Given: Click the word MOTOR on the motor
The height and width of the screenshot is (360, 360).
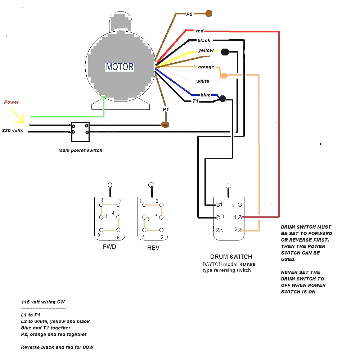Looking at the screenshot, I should coord(120,67).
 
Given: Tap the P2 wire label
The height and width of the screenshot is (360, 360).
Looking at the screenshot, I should coord(189,14).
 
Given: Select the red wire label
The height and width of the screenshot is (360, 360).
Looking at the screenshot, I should coord(200,31).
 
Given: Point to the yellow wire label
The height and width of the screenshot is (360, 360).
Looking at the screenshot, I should coord(206,50).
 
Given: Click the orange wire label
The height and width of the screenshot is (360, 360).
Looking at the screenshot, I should coord(206,67).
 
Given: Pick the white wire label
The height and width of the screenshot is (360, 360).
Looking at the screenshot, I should coord(203,81).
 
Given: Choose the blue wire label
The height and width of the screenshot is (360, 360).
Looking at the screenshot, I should coord(206,95).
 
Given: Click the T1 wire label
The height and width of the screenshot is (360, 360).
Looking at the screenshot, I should coord(195,101).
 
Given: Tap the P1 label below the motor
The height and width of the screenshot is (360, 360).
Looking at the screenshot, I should coord(166,109).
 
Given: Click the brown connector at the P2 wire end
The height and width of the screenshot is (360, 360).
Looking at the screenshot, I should coord(208,14).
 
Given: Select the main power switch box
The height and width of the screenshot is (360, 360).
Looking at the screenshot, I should coord(80,132).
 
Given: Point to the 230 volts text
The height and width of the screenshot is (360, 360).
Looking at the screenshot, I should coord(13,131).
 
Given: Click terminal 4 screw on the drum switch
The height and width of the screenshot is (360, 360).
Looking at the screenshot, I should coord(240,217).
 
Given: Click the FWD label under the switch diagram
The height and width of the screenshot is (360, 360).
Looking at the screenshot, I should coord(109,247).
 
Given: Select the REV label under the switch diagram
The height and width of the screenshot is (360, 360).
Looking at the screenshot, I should coord(153,248).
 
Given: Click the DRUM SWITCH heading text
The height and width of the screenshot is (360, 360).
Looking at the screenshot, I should coord(231,257).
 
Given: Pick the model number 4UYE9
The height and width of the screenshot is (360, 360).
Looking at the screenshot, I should coord(248,264).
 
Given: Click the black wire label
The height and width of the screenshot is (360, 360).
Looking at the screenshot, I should coord(204,41).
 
